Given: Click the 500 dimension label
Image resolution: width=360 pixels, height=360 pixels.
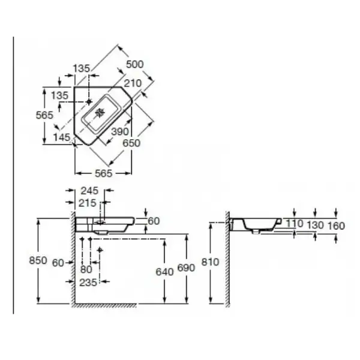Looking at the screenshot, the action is point(135,64).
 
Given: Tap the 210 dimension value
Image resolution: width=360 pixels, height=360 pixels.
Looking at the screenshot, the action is point(133,83).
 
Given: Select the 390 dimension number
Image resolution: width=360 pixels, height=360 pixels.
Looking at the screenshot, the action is point(120,131).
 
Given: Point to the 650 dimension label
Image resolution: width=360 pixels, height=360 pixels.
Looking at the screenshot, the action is point(131,143).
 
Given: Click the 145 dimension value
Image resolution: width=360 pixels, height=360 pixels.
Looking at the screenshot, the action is point(62,137).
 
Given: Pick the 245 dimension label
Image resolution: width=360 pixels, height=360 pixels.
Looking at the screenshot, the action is point(89,191).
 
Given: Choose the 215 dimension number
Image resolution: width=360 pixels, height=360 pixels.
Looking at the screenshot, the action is point(88,203).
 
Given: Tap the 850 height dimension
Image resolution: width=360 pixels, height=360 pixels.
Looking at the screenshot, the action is point(38,260).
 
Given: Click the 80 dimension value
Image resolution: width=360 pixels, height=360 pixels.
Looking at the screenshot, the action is point(86,269).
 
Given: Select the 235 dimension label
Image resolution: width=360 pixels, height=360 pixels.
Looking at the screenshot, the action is point(88,283).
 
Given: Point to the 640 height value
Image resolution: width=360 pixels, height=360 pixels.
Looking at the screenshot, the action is point(164,272).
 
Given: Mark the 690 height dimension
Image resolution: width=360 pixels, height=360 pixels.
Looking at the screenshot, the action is point(186,268).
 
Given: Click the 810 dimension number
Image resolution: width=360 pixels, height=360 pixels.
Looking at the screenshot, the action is point(211,262).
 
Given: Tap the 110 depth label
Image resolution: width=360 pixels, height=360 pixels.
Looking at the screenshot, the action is point(295,223).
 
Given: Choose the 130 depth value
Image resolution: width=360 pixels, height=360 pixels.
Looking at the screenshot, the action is point(315,226).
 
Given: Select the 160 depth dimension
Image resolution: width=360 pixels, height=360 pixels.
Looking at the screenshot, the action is point(336,226).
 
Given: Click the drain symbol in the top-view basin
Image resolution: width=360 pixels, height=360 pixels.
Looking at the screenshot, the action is point(100,112).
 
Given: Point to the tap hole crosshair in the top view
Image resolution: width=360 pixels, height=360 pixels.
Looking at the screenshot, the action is point(89,101).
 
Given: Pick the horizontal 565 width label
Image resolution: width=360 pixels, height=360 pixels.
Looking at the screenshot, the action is point(104,173).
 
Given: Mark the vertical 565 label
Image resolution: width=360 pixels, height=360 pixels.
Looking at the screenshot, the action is point(44,115).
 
